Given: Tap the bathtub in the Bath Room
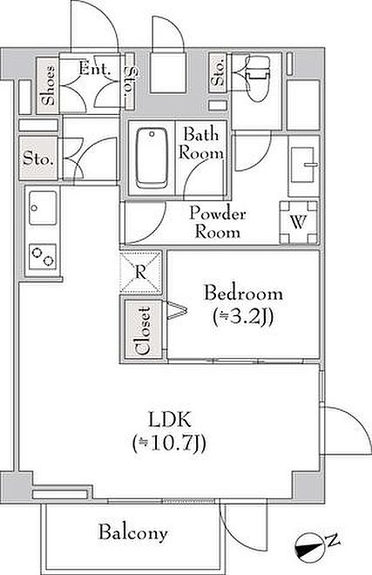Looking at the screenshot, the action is (x=152, y=158).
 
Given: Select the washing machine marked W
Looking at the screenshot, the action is (x=299, y=222).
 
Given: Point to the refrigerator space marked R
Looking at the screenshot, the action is (x=141, y=272).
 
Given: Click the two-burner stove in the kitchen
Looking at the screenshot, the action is (x=43, y=256).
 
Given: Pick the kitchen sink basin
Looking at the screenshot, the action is (x=43, y=208).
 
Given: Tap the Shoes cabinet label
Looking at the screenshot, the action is (x=49, y=85).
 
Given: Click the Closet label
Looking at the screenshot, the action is (x=143, y=330).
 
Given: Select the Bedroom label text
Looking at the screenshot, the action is (x=244, y=294).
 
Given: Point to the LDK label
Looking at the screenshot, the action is (x=170, y=420).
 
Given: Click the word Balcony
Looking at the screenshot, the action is (x=133, y=532).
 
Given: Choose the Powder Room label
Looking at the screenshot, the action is (x=218, y=222).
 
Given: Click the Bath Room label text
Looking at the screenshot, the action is (x=201, y=144).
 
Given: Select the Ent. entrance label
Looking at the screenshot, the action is (x=95, y=69).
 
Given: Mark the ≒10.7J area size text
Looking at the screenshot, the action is (x=169, y=443).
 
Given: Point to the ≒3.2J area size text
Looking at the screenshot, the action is (x=243, y=317).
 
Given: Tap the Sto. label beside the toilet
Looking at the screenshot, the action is (x=219, y=72).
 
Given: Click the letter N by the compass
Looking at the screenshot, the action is (x=333, y=540).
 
